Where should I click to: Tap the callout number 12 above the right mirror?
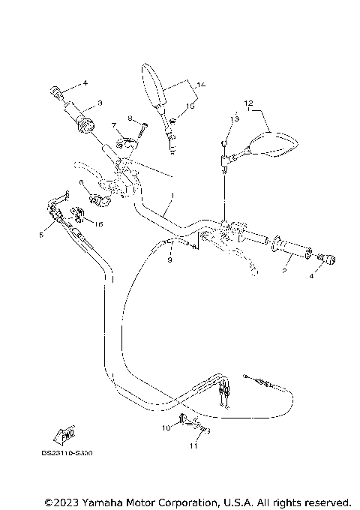(x=248, y=101)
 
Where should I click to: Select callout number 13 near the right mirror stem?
(x=235, y=119)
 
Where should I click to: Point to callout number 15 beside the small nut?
(x=190, y=107)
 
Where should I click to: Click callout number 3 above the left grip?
(x=99, y=102)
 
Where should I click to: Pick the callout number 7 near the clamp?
(x=114, y=125)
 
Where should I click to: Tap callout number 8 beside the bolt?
(x=130, y=118)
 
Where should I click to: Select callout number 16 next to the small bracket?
(x=100, y=223)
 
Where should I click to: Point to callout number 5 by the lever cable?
(x=42, y=234)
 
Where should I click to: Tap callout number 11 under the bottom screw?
(x=192, y=446)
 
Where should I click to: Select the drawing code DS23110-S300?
(x=72, y=454)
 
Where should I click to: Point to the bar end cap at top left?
(x=54, y=91)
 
